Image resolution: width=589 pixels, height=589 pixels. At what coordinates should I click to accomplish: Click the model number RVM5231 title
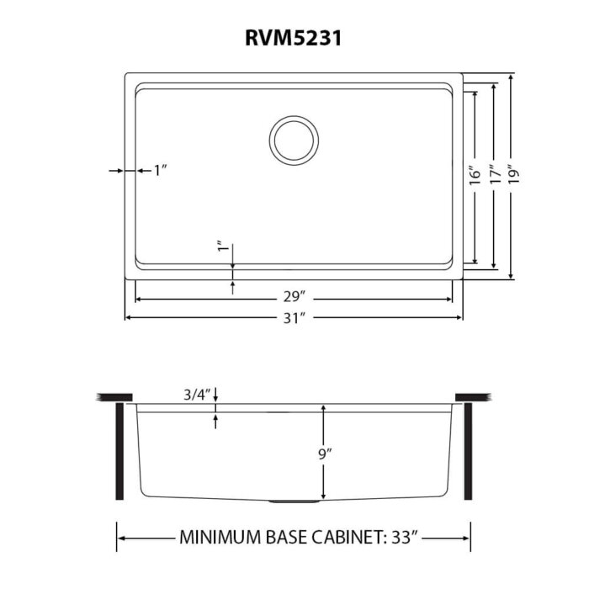pos(294,39)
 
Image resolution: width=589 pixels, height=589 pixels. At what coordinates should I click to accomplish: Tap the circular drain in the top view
pos(294,140)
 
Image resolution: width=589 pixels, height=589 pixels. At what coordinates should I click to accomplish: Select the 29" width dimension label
pos(294,297)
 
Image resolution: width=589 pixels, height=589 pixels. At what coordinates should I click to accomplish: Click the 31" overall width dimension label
pos(294,317)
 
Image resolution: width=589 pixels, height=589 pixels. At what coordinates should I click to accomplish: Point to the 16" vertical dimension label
pos(475,176)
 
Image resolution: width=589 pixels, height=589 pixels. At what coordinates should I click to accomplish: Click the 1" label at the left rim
pos(160,171)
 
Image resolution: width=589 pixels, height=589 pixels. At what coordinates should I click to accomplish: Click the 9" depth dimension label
pos(324,454)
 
